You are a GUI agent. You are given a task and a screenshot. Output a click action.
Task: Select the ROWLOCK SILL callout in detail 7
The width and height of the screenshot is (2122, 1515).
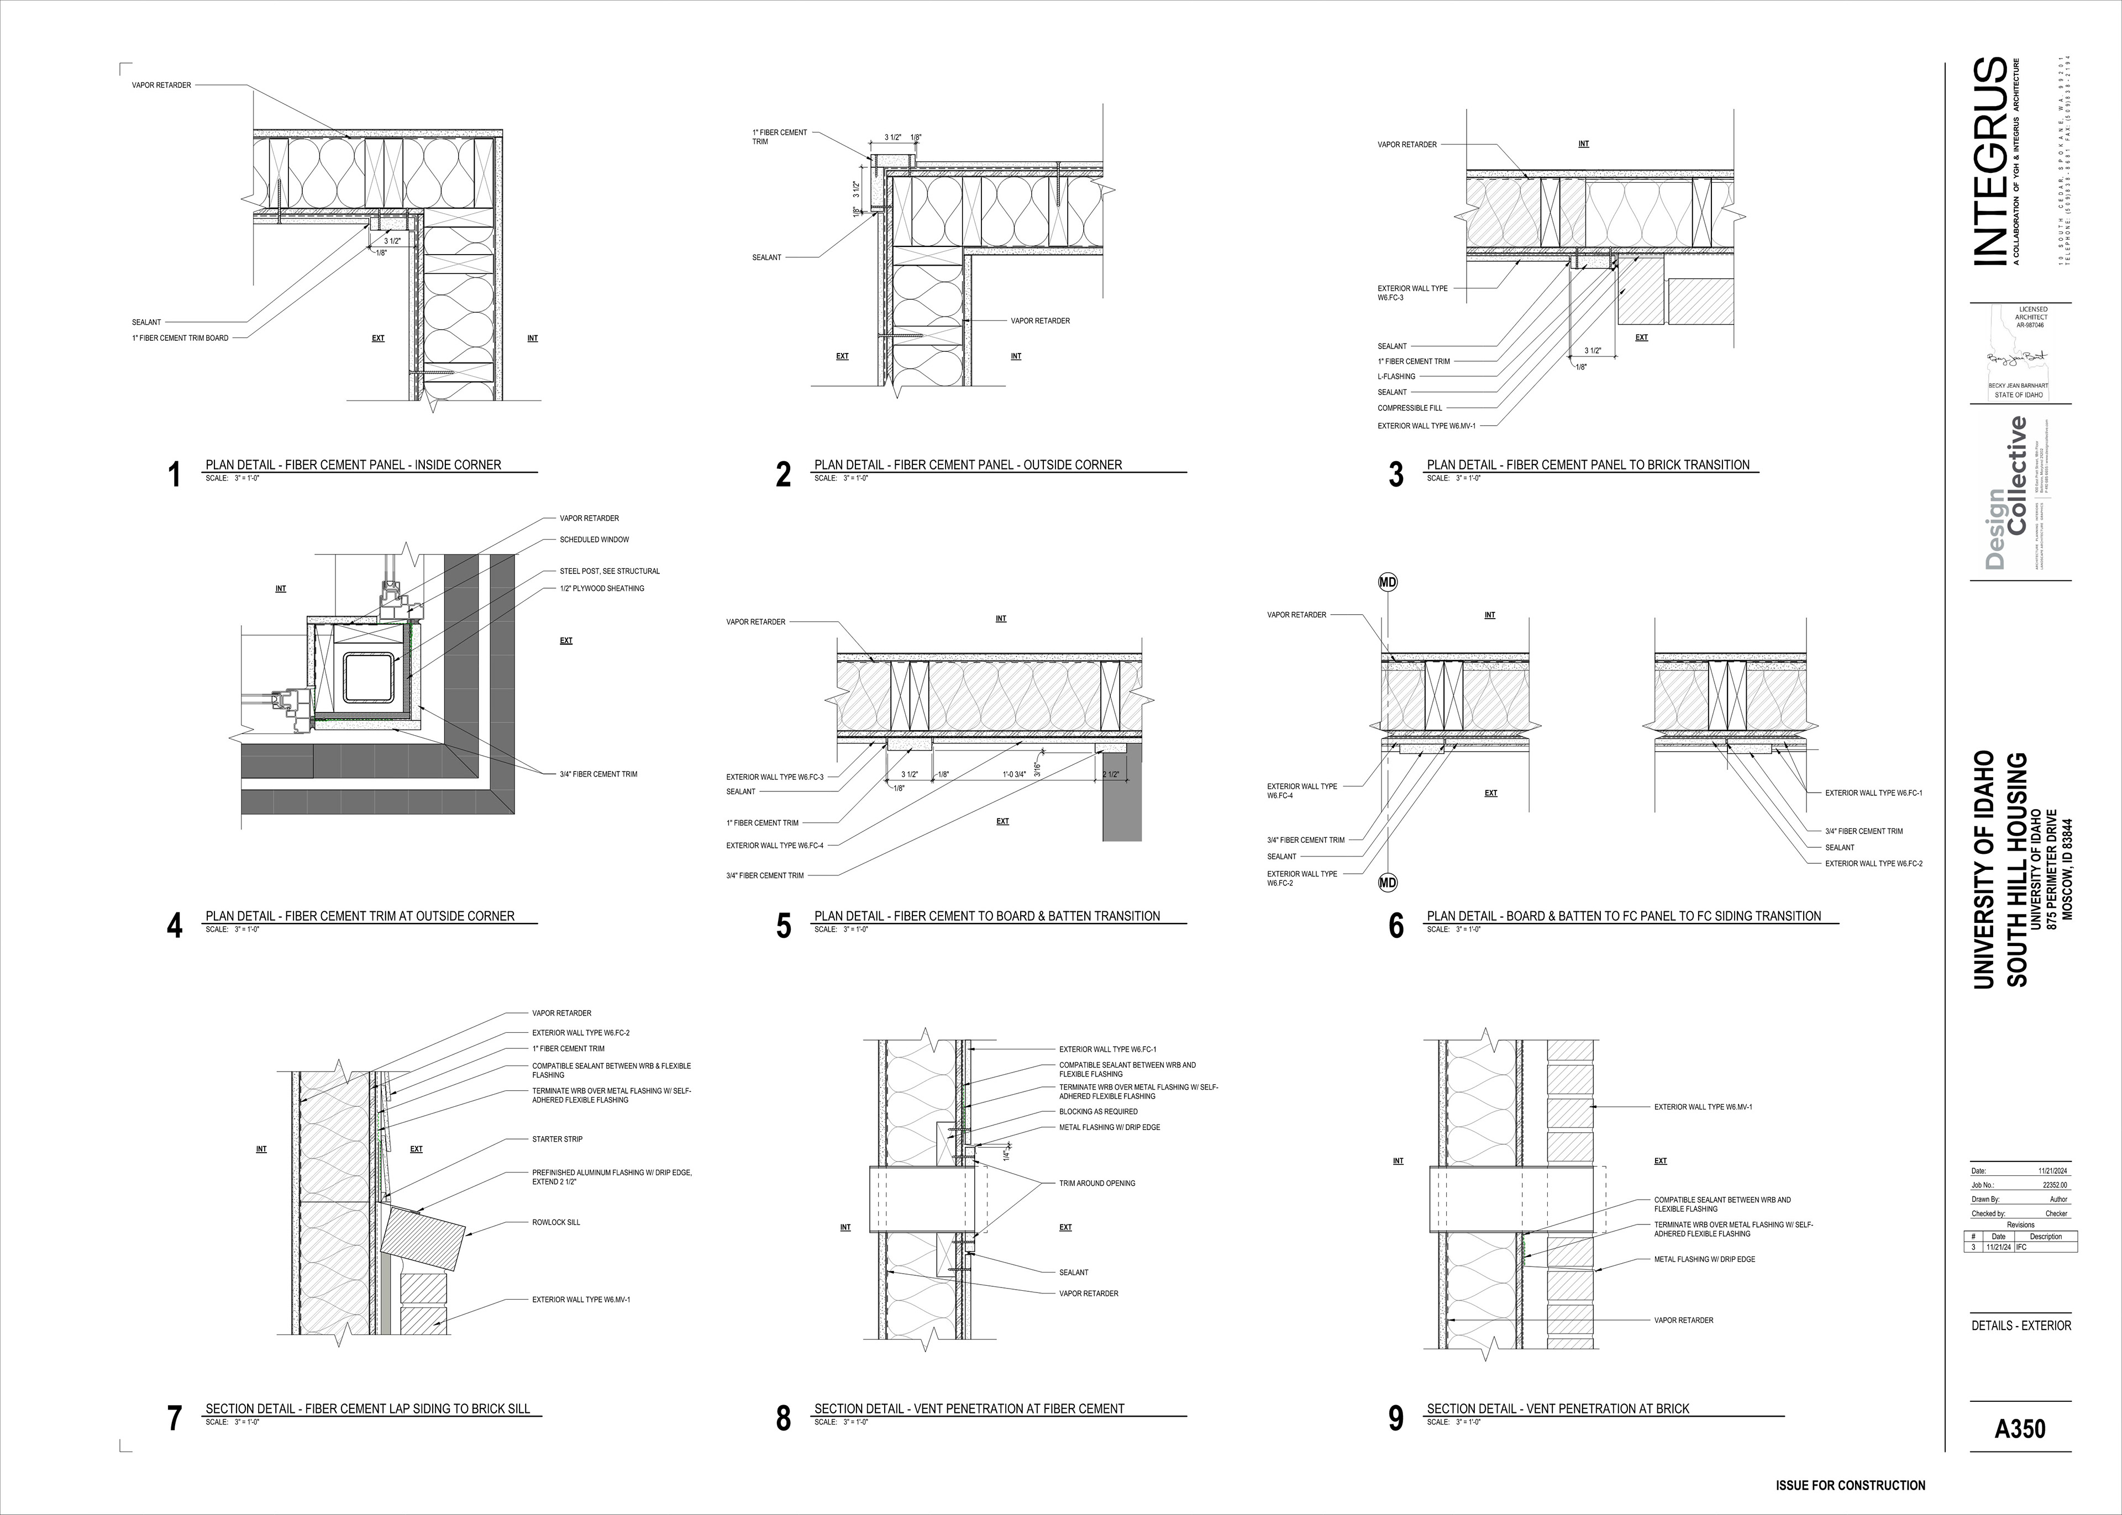tap(556, 1222)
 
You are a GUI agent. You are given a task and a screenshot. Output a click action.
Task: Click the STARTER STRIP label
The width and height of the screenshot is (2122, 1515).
tap(557, 1139)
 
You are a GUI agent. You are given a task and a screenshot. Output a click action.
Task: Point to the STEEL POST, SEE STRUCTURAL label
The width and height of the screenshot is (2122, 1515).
tap(610, 571)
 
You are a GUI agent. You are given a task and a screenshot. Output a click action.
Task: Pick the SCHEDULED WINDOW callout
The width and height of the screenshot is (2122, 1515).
tap(595, 539)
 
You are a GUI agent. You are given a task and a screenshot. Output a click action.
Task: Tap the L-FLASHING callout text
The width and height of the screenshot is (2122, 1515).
tap(1397, 377)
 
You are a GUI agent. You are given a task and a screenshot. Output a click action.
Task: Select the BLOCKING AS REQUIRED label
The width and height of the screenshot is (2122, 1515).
tap(1099, 1112)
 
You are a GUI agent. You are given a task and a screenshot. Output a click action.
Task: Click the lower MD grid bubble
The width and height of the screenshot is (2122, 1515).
tap(1388, 883)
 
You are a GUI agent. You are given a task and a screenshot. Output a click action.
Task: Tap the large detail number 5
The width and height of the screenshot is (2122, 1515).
tap(784, 926)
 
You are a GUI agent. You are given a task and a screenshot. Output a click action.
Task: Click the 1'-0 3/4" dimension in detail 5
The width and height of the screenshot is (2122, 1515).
tap(1015, 774)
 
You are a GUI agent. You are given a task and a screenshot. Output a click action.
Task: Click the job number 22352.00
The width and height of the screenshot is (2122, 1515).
tap(2055, 1185)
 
